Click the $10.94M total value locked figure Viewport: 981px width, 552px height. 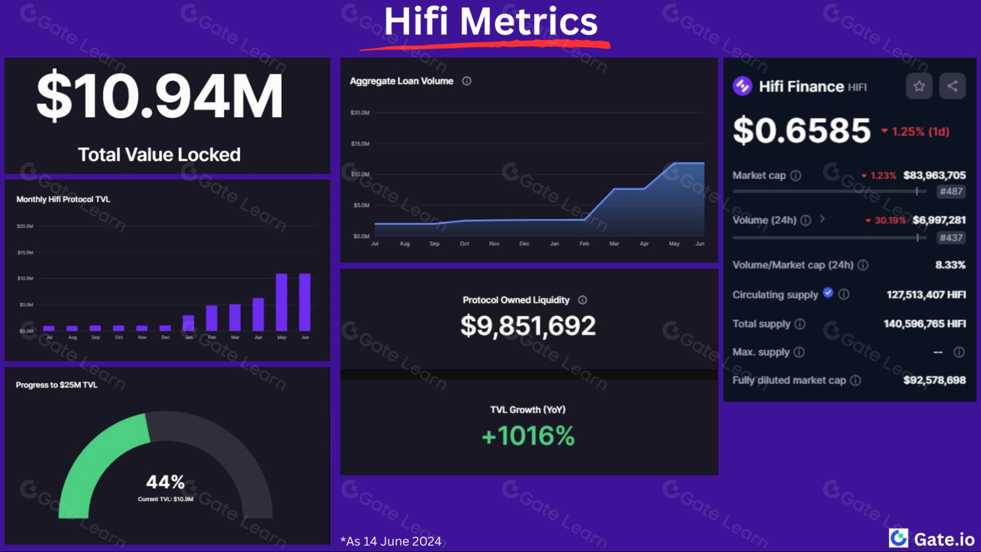(159, 96)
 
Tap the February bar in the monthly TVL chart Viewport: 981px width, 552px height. (212, 318)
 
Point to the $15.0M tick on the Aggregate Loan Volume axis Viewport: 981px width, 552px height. (360, 144)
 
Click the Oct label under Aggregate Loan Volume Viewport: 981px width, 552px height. (464, 244)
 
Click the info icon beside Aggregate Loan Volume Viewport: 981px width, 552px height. (467, 81)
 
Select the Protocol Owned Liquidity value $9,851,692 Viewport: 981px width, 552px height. (528, 326)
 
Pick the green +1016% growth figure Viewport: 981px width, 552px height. (528, 436)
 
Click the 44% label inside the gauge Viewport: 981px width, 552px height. (165, 482)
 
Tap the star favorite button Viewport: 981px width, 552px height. (919, 86)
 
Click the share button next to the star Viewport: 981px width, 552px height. (952, 86)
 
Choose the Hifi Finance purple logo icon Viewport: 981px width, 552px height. (742, 86)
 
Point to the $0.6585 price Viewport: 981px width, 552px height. (801, 131)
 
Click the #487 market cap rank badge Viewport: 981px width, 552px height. (951, 191)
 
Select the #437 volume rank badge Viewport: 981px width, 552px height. (951, 238)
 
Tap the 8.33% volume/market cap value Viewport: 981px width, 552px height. (950, 265)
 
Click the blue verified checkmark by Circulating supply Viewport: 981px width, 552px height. (828, 293)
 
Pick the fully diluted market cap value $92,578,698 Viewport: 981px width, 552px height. (934, 380)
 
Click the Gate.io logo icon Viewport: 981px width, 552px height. (899, 538)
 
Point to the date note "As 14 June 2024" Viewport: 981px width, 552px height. (391, 541)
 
